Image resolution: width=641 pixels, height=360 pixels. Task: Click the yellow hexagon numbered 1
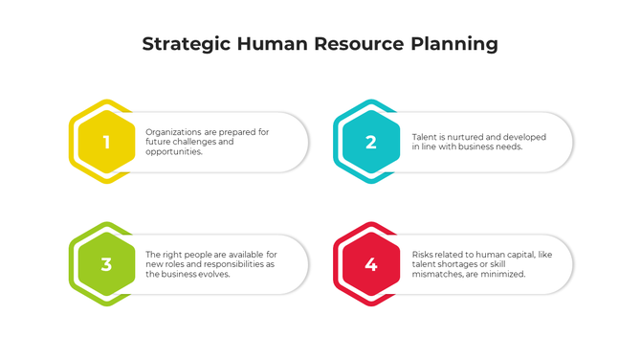click(x=106, y=143)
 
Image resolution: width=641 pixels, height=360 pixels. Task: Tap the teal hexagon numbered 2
click(x=371, y=143)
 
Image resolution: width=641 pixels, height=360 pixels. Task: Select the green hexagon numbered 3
click(x=106, y=264)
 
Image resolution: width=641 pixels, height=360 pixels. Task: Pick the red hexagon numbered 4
click(x=371, y=264)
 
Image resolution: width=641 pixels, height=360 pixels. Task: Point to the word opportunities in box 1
click(x=173, y=152)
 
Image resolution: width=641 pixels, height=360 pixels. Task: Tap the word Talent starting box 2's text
click(x=425, y=137)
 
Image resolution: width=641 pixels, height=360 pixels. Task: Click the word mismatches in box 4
click(x=440, y=274)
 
